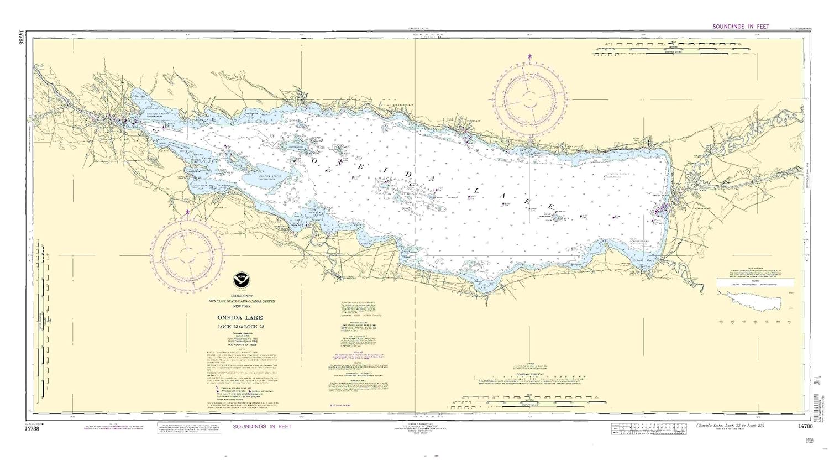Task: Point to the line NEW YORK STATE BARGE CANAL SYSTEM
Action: point(241,301)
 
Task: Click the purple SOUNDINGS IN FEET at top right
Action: point(741,27)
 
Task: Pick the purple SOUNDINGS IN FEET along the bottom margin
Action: point(262,427)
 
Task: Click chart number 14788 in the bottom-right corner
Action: point(805,426)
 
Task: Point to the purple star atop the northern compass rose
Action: point(530,56)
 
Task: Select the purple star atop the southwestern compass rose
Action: point(188,212)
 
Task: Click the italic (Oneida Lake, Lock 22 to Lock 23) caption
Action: point(730,425)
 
